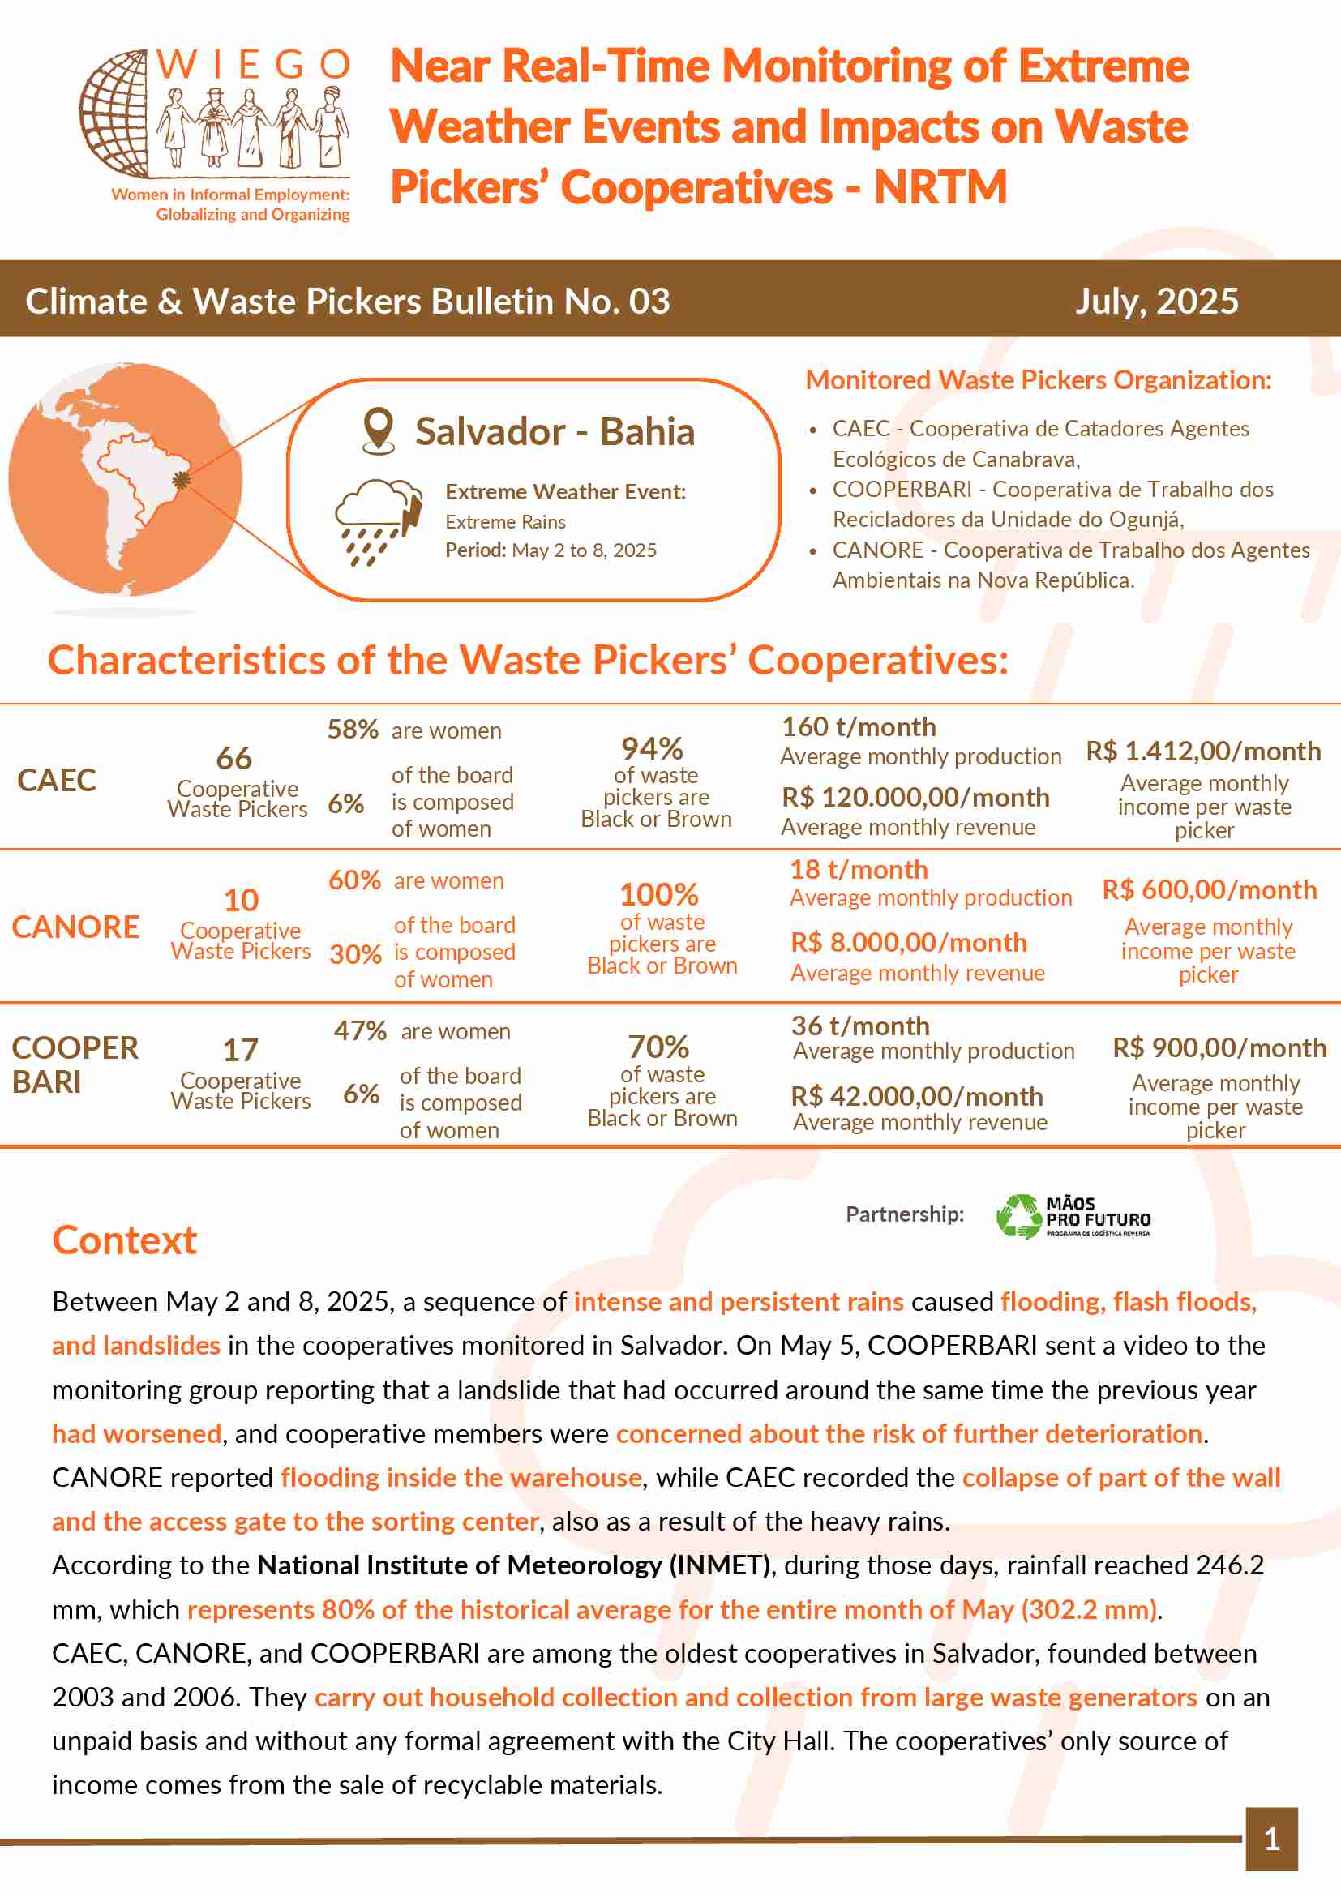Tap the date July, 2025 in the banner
1156,302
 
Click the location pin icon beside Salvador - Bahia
379,430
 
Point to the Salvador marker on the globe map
181,480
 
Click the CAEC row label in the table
56,780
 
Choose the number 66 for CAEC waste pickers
233,758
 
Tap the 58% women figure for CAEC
353,730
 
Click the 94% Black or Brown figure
652,748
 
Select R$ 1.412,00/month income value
1203,751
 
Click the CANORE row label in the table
75,927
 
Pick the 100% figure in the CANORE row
658,894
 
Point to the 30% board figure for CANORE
355,954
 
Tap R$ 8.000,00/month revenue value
909,943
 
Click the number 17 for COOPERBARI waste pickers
241,1050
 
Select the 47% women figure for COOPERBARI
360,1030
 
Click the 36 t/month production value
860,1026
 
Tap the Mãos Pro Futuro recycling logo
1073,1215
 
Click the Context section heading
125,1240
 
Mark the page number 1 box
1271,1839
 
